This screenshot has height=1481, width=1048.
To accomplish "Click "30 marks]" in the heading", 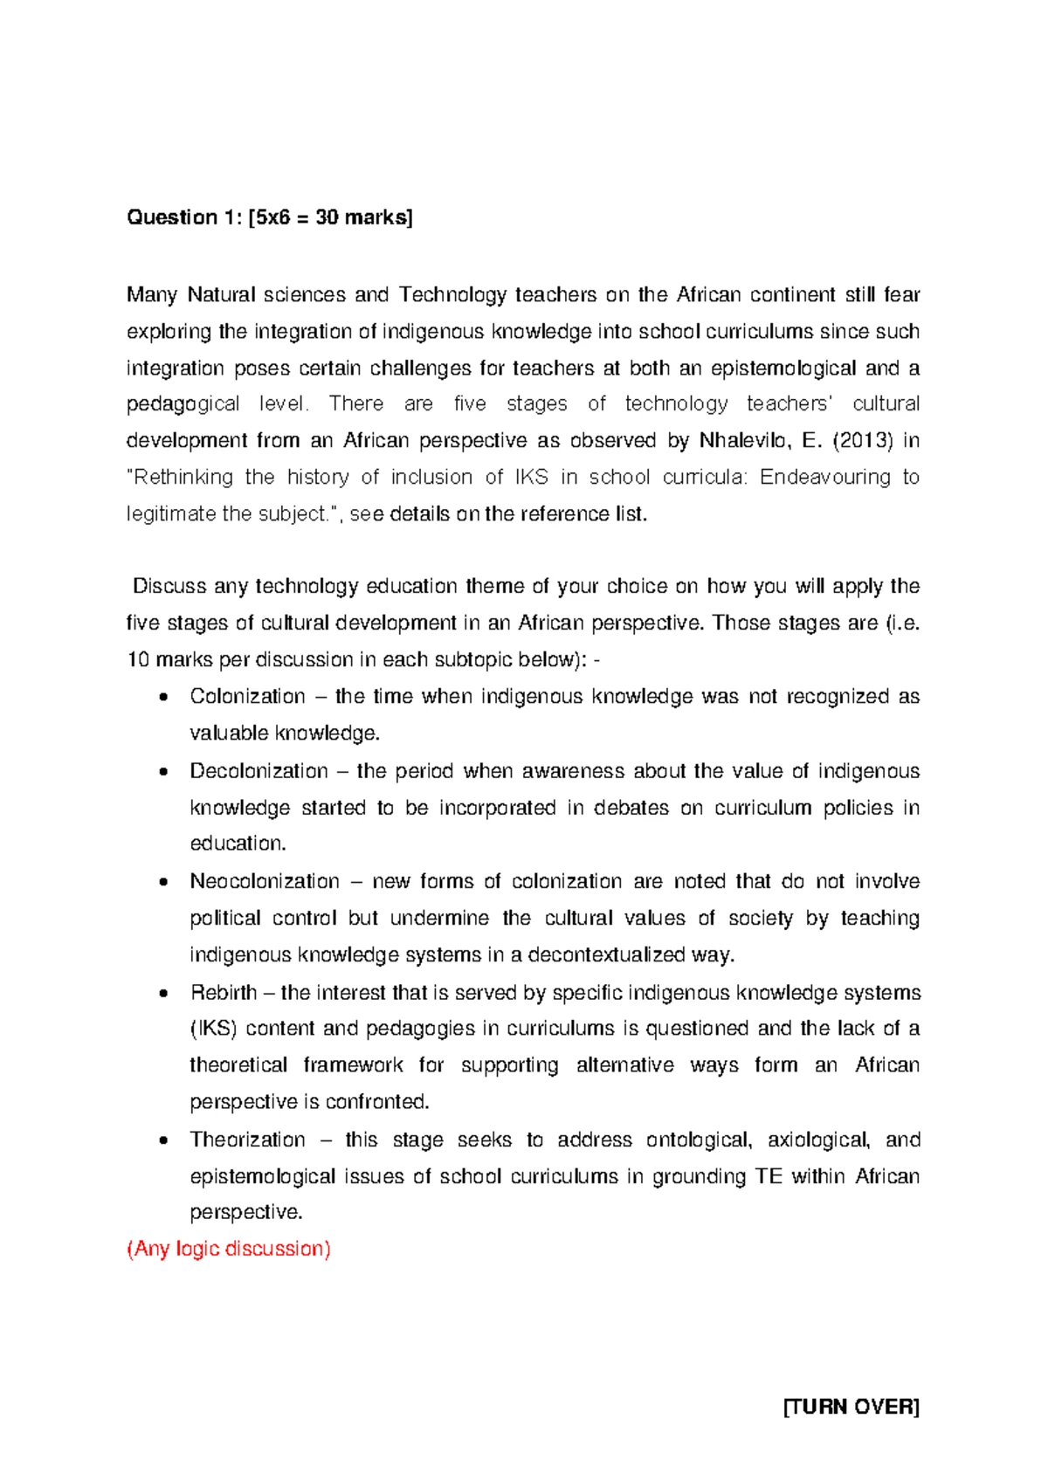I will [363, 217].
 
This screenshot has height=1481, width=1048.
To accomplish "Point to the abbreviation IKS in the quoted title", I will [532, 478].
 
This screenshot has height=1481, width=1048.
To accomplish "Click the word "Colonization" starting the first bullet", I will [247, 697].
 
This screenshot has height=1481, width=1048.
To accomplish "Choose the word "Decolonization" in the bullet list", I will [259, 772].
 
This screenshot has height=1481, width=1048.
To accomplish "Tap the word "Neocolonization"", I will [265, 882].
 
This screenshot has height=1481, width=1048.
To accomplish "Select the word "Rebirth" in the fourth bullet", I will [224, 993].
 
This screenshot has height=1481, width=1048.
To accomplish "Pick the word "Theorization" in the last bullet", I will [247, 1140].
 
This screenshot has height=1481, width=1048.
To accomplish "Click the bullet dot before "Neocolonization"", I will [162, 883].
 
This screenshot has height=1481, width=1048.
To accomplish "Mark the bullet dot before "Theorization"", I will [162, 1141].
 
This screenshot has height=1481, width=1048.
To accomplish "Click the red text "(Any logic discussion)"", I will [229, 1250].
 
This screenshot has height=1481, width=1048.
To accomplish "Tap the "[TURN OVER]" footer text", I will [851, 1407].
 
